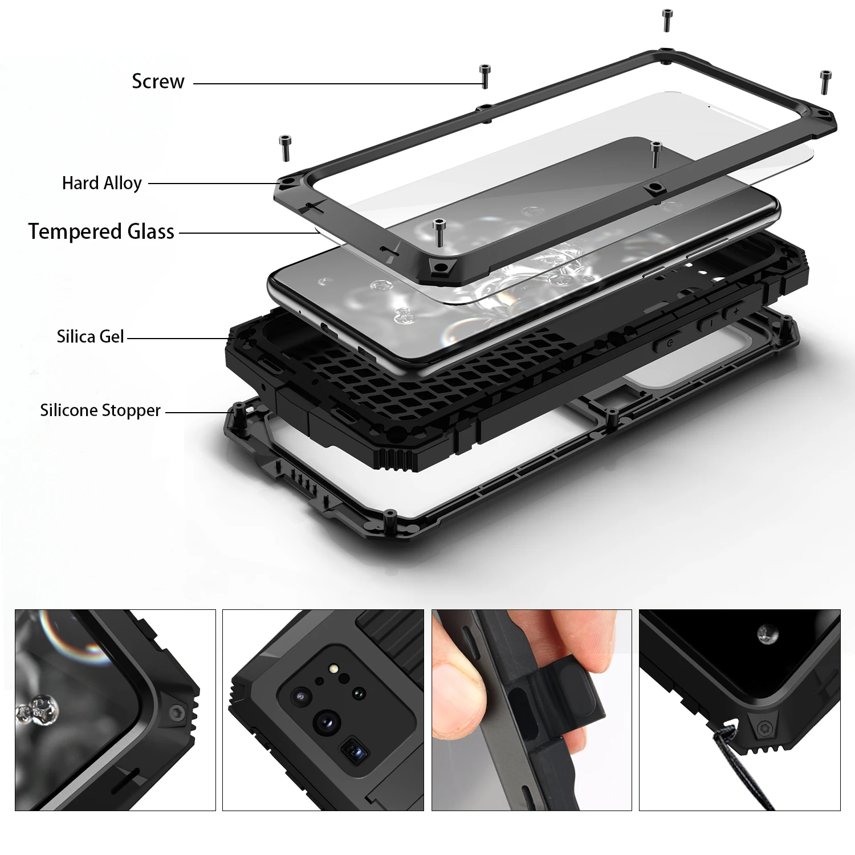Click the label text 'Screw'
coord(158,82)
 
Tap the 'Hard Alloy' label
coord(102,183)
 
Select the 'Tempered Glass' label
coord(101,231)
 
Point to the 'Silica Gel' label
coord(90,336)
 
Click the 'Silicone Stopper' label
coord(100,410)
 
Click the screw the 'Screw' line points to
coord(485,76)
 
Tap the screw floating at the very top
coord(666,19)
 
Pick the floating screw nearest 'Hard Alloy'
coord(284,148)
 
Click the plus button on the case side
coord(736,311)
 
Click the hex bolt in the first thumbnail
coord(177,711)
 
